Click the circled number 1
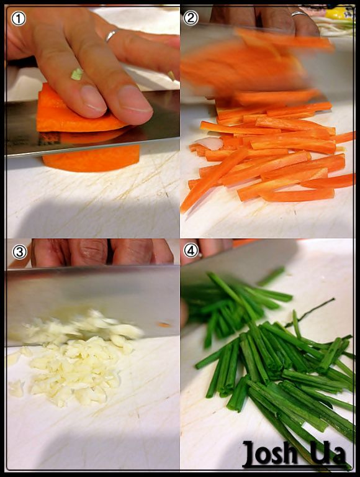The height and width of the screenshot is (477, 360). pos(18,19)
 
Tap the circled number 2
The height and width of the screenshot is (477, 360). pos(191,17)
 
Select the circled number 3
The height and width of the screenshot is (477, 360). pos(19,252)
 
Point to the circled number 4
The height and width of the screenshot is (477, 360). pos(191,251)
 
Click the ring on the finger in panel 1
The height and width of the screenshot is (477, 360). pos(111,35)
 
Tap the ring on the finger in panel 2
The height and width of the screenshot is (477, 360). pos(299,14)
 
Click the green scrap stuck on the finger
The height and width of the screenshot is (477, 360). pos(77,75)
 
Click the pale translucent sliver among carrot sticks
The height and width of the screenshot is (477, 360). pos(210,143)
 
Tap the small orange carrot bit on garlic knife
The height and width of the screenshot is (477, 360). pos(164,325)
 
